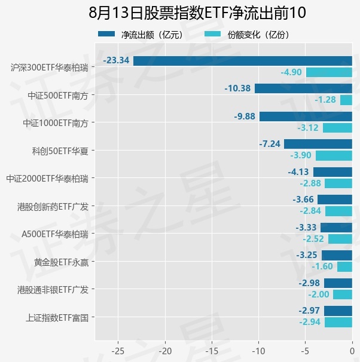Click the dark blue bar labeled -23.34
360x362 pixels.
click(x=243, y=61)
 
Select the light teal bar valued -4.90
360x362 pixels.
click(x=329, y=72)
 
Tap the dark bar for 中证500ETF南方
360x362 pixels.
click(x=303, y=88)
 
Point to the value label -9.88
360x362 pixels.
click(x=245, y=116)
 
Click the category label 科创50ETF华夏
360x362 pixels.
click(x=60, y=151)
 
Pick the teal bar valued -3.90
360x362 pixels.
click(x=334, y=155)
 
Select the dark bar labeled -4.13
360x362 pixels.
click(x=332, y=172)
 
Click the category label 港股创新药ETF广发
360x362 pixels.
click(x=53, y=207)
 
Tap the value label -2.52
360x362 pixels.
click(x=313, y=239)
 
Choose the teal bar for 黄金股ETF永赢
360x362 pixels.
click(x=344, y=266)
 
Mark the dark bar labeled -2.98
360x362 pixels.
click(x=338, y=283)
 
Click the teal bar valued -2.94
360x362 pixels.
click(x=338, y=323)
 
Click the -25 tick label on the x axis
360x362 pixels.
click(x=118, y=351)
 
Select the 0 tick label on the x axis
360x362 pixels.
click(x=352, y=351)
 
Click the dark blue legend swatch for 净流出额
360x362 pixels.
click(x=106, y=34)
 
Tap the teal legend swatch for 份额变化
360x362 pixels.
click(x=212, y=34)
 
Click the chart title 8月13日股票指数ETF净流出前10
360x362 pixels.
click(x=197, y=13)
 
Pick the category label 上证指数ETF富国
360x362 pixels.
click(x=57, y=318)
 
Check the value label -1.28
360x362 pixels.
click(x=325, y=100)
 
